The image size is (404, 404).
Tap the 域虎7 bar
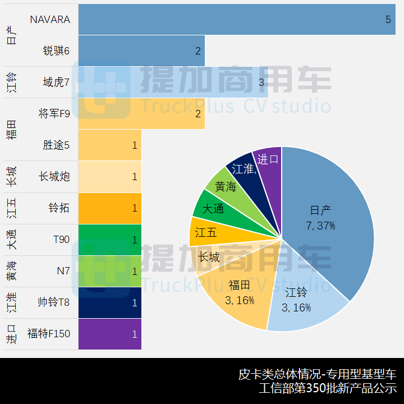168,82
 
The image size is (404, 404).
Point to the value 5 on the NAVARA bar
388,20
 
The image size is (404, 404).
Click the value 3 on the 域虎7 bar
261,82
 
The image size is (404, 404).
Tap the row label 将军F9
54,114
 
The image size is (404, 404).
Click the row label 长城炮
54,177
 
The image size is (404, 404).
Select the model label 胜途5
56,145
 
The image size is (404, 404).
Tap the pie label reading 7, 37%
320,226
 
